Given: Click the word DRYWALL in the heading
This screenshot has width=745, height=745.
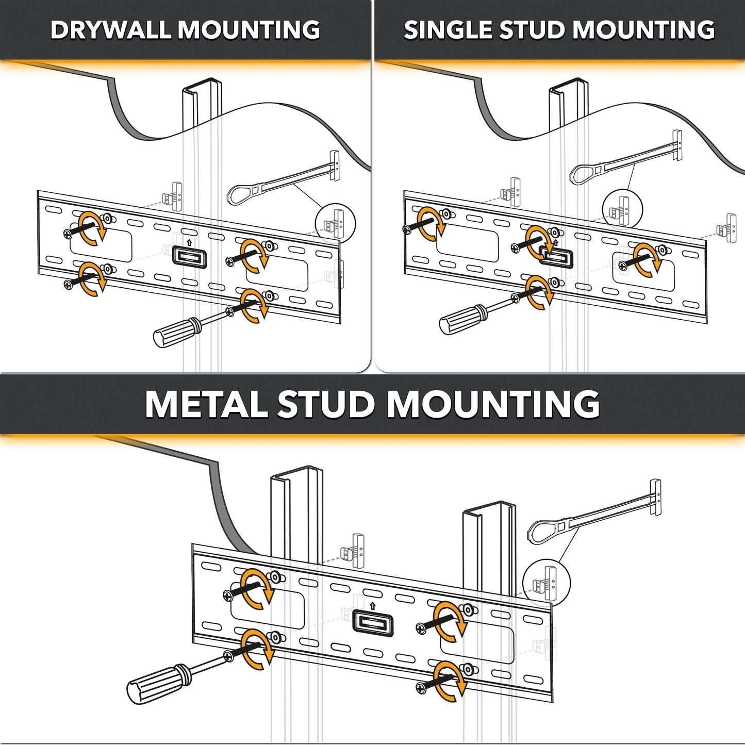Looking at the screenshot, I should (112, 29).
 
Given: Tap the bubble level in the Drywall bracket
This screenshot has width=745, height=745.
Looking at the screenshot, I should (189, 256).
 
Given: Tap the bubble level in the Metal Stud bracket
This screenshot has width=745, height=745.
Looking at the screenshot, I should (372, 623).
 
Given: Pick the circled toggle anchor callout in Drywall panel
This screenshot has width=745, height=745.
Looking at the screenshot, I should (335, 224).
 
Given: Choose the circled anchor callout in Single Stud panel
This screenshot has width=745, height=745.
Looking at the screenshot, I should (622, 209).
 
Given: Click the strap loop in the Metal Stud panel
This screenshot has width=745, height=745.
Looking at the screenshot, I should (541, 531).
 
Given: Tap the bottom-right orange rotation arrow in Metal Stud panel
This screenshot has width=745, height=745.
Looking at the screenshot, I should (450, 681).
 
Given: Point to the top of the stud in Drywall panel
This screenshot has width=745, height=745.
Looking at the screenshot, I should (202, 86).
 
